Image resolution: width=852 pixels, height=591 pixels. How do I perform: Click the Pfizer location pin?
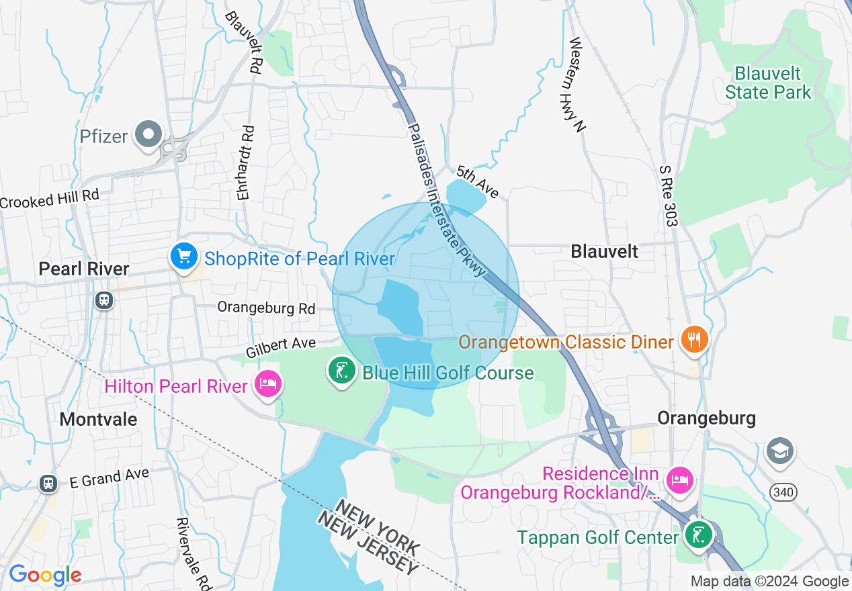(148, 134)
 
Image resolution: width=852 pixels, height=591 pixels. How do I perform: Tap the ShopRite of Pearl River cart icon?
(183, 257)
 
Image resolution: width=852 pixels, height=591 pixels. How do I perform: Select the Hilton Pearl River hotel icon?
(268, 385)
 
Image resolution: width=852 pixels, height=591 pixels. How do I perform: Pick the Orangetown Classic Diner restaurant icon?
(693, 340)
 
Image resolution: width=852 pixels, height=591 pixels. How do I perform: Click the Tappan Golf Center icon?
(699, 535)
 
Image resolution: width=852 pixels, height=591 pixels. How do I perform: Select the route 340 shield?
(783, 493)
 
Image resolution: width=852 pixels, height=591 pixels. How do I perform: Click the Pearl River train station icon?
(104, 300)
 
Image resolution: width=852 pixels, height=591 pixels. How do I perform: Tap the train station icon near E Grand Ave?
(48, 483)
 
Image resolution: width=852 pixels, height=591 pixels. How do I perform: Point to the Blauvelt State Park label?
(768, 83)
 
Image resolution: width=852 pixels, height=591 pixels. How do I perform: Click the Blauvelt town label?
(604, 251)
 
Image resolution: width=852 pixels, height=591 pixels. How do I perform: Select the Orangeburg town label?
(706, 418)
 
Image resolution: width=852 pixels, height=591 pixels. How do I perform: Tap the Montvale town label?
(98, 419)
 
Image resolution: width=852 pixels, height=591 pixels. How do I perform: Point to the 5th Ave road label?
(478, 182)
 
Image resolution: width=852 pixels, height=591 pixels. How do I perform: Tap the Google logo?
(45, 575)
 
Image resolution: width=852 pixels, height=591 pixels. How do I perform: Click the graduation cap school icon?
(779, 451)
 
